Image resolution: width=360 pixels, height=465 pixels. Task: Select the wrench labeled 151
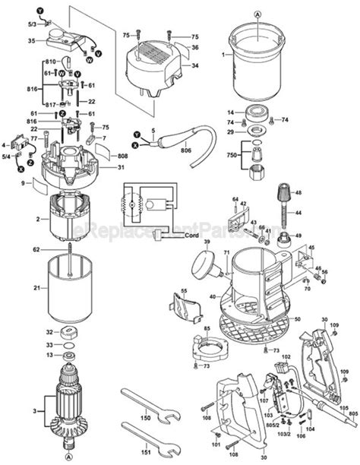point(149,440)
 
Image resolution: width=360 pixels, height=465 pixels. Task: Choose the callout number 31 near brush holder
point(120,168)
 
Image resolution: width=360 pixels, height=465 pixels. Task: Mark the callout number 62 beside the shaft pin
point(36,248)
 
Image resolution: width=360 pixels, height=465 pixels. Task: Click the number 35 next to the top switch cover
point(31,40)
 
